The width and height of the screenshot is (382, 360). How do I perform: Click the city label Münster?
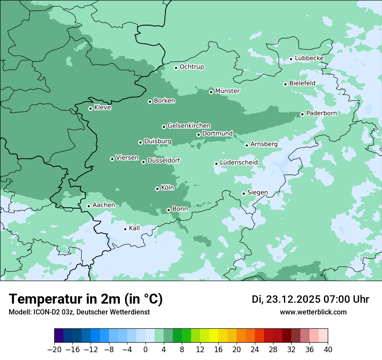coord(227,91)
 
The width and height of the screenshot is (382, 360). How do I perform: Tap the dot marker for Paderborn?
coord(302,114)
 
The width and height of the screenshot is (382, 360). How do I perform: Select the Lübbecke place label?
coord(309,58)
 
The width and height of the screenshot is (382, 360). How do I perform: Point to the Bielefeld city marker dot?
coord(285,84)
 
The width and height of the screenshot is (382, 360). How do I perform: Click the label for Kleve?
coord(102,108)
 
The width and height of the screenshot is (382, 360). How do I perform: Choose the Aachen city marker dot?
coord(89,206)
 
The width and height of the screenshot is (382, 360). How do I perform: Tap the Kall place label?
coord(135,228)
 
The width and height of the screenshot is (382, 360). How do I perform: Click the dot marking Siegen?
coord(244,193)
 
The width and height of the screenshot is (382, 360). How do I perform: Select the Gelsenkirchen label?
coord(189,126)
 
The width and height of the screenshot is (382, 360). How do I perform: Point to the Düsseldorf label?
coord(163,161)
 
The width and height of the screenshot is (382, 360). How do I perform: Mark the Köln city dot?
coord(157,189)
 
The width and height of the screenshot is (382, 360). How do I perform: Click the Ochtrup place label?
coord(191,67)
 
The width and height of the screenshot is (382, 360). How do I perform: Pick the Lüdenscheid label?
coord(239,163)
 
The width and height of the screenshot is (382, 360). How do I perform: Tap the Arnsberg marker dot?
coord(247,145)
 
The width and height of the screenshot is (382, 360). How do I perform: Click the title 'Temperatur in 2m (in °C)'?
coord(86,299)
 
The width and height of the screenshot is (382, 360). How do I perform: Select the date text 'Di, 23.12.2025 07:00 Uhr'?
coord(310,299)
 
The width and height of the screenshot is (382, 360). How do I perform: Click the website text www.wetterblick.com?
coord(313,312)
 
